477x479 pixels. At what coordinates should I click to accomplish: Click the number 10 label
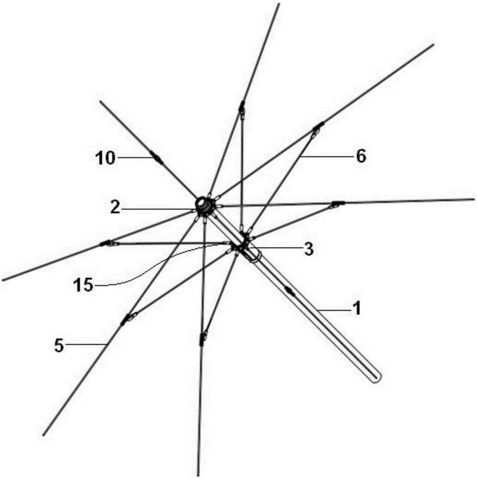click(x=105, y=159)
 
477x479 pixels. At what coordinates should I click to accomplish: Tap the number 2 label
click(x=115, y=208)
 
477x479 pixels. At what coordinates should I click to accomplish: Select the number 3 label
click(x=309, y=249)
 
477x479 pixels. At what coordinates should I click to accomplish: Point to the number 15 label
click(x=83, y=285)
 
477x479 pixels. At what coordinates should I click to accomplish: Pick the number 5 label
click(x=59, y=346)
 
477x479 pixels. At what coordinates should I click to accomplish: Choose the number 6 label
click(x=361, y=157)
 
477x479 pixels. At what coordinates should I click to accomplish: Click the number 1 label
click(x=356, y=308)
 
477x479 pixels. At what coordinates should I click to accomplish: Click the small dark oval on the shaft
click(x=289, y=291)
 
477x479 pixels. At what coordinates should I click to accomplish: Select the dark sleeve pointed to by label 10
click(x=157, y=159)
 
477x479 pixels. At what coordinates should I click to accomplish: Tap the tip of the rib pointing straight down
click(x=198, y=475)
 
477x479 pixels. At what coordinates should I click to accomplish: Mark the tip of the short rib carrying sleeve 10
click(x=101, y=102)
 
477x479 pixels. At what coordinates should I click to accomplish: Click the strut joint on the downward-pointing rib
click(x=202, y=339)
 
